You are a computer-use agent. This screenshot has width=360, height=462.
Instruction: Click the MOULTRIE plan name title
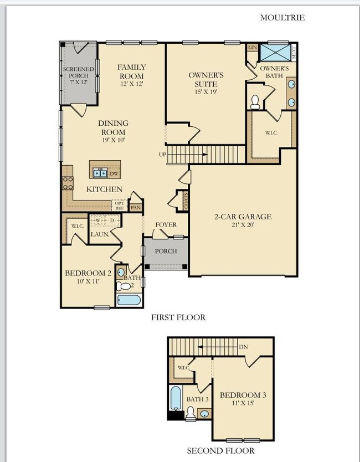click(282, 17)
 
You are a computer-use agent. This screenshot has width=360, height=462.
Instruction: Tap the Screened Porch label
click(79, 74)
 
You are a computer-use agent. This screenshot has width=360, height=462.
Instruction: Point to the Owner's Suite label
click(205, 83)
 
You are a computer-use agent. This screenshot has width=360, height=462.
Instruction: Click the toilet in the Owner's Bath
click(255, 101)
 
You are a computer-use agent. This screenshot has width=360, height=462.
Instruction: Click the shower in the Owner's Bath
click(275, 53)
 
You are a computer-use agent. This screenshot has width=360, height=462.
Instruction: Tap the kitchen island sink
click(100, 173)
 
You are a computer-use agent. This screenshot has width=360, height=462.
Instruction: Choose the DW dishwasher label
click(114, 174)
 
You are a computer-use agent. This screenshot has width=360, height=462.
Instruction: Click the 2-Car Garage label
click(244, 220)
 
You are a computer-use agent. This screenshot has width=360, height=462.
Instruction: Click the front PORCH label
click(166, 251)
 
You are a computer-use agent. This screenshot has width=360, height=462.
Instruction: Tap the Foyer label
click(166, 224)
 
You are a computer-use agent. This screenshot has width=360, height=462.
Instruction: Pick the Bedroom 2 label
click(89, 276)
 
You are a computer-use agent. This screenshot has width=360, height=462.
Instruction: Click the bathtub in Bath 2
click(130, 300)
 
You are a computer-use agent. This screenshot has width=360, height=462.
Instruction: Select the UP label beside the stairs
click(162, 154)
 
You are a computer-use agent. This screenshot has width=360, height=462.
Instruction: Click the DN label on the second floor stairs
click(243, 347)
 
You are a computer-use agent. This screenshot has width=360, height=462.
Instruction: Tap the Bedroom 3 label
click(243, 398)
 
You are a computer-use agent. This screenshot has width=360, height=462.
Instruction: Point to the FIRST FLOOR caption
click(178, 317)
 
